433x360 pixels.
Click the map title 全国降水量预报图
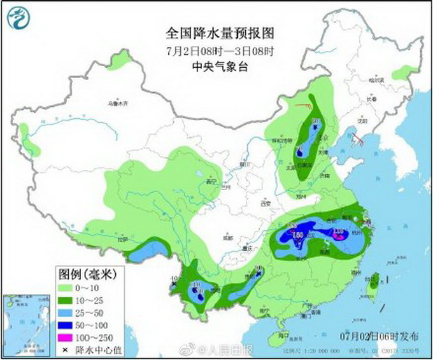click(210, 32)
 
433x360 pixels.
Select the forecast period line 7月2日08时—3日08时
click(210, 50)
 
